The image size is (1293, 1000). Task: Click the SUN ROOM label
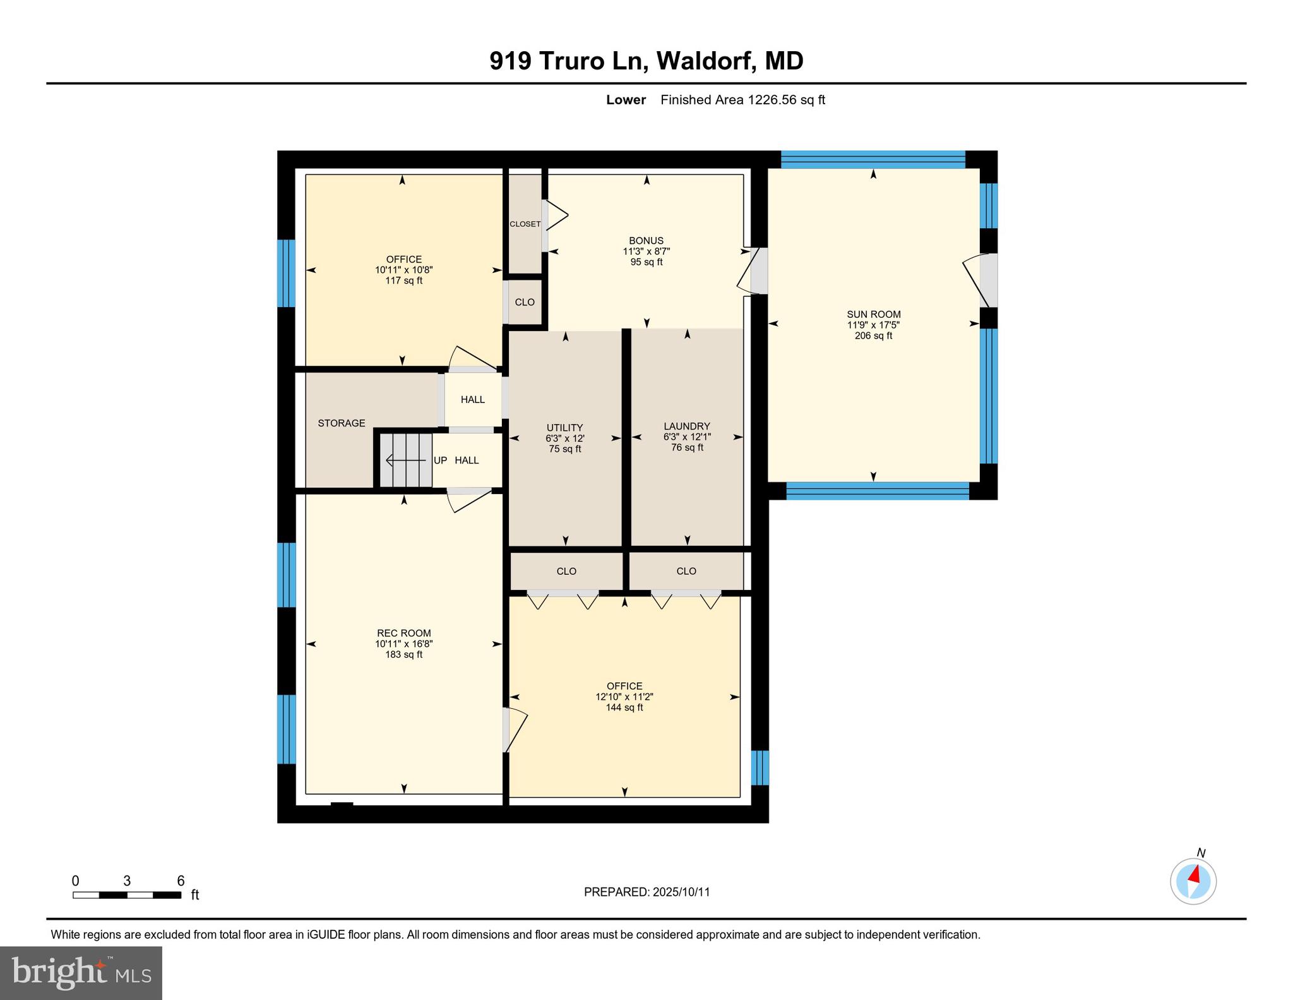pos(873,315)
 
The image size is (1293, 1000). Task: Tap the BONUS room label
pos(646,241)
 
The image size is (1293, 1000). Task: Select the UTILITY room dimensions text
pos(564,438)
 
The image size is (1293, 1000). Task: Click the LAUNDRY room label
pos(686,426)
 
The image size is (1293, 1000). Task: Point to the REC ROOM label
pos(403,633)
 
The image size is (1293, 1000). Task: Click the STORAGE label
pos(341,423)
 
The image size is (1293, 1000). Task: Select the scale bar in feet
pos(127,895)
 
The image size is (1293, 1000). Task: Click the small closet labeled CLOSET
pos(525,224)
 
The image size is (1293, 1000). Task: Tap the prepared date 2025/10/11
pos(646,892)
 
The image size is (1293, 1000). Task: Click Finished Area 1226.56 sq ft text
pos(742,100)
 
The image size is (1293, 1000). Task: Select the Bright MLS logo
pos(81,972)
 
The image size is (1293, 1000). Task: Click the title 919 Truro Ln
pos(646,61)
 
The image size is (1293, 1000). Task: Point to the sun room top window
pos(873,159)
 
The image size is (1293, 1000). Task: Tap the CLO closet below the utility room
pos(566,571)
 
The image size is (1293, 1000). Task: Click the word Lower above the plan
pos(625,100)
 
